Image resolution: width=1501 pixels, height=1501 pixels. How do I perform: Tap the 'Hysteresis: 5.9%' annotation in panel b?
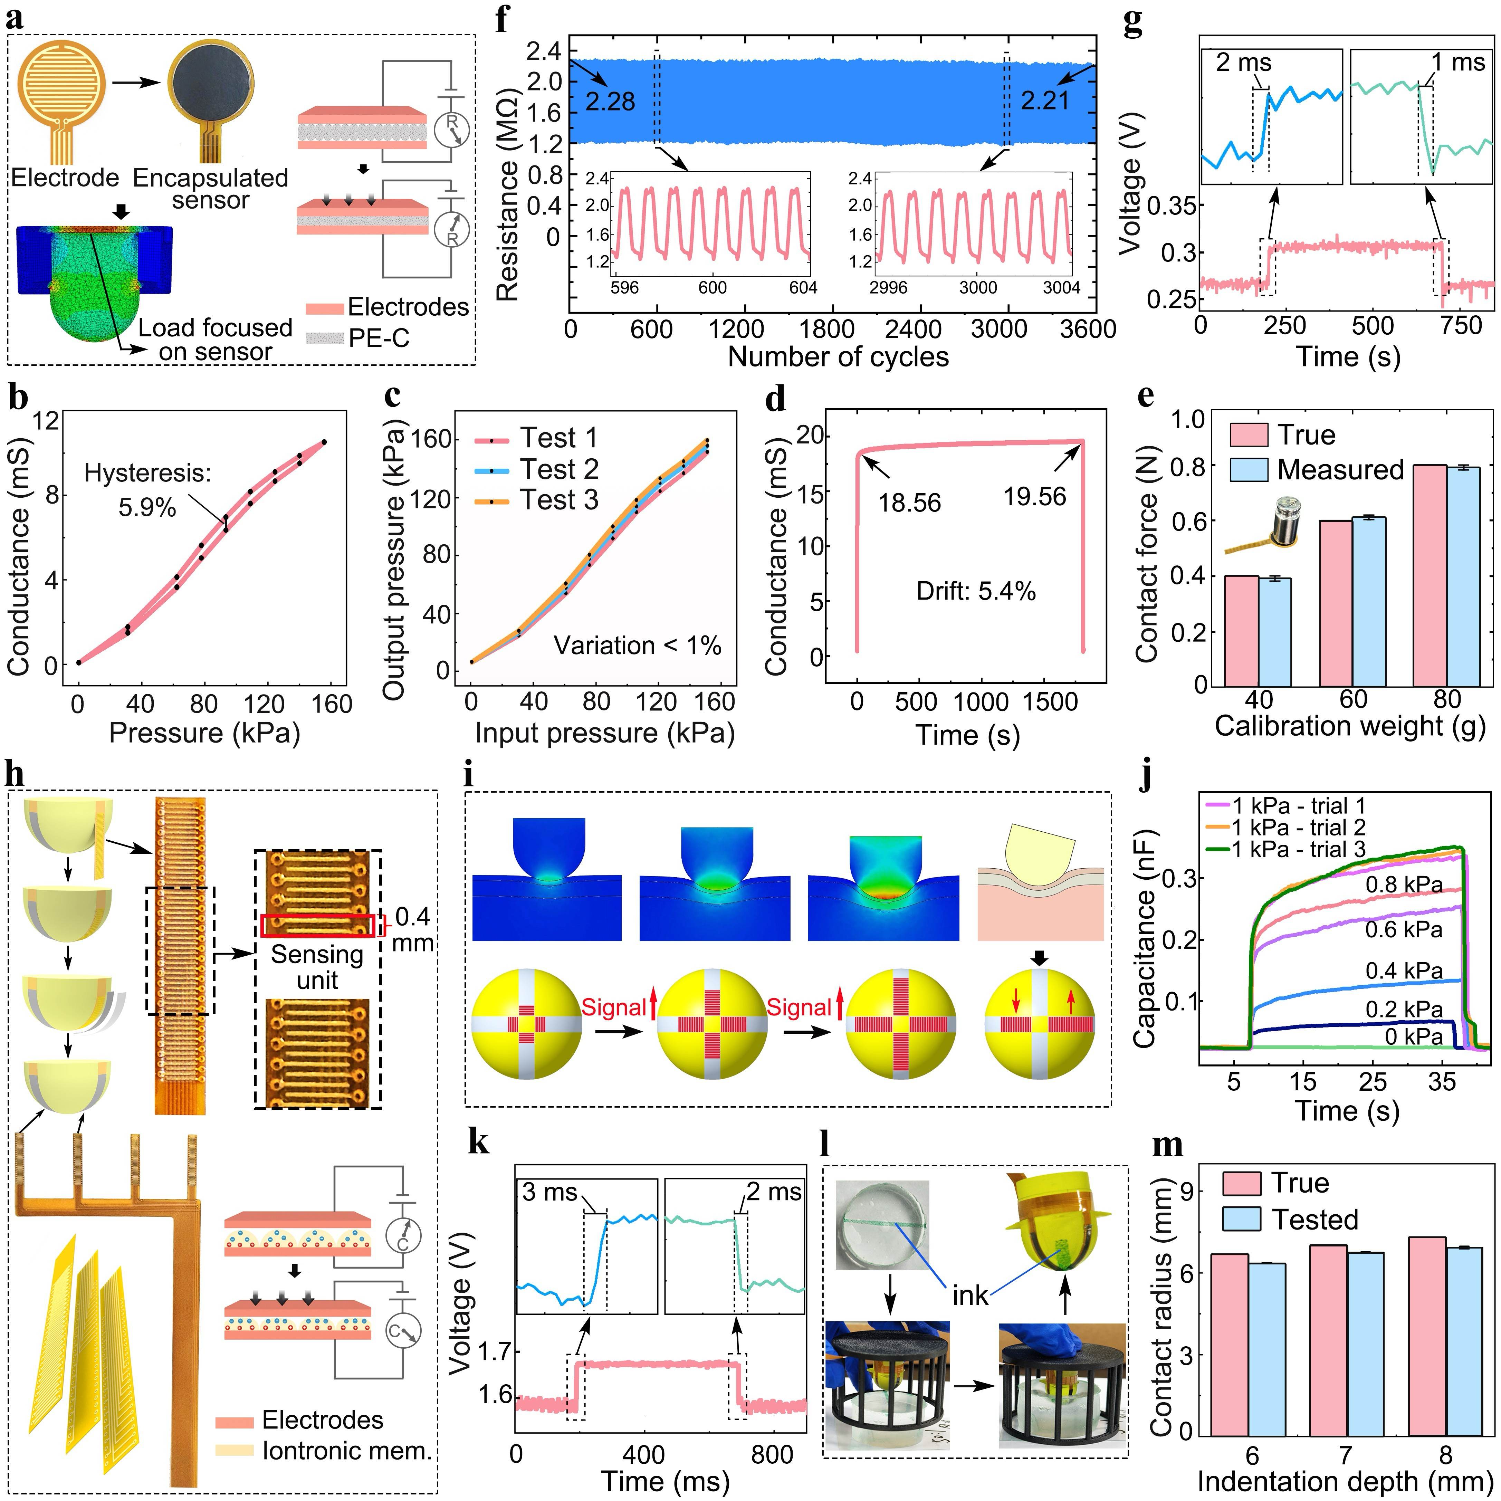pyautogui.click(x=147, y=489)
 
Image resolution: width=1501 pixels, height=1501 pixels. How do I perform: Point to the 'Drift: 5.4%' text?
pyautogui.click(x=976, y=591)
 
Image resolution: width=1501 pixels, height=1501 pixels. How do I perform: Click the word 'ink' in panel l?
pyautogui.click(x=971, y=1295)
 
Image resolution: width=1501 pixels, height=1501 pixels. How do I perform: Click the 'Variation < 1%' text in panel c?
pyautogui.click(x=637, y=646)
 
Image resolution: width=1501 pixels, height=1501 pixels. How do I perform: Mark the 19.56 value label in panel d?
pyautogui.click(x=1035, y=496)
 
